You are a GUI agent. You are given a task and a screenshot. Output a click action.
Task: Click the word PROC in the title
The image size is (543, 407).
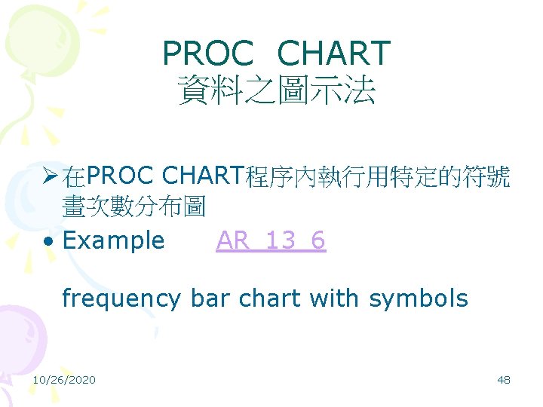[x=209, y=54]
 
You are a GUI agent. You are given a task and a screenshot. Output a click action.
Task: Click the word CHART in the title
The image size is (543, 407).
[x=333, y=54]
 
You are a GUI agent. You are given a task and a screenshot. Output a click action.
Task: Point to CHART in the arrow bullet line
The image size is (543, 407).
[x=203, y=178]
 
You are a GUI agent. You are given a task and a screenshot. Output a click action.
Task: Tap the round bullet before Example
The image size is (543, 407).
[x=48, y=241]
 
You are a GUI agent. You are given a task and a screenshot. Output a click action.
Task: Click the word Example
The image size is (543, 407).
[x=113, y=240]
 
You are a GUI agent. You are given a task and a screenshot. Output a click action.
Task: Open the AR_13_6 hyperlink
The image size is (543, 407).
[x=271, y=240]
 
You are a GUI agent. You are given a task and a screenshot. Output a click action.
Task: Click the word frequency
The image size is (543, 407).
[x=121, y=299]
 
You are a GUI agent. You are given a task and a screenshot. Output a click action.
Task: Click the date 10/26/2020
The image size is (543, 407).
[x=64, y=380]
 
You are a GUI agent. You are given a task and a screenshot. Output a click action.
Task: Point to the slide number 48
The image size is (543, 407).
[x=504, y=380]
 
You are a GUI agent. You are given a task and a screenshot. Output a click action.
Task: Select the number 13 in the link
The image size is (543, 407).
[x=280, y=240]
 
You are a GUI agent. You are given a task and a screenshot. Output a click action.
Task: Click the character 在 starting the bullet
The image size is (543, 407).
[x=74, y=179]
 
